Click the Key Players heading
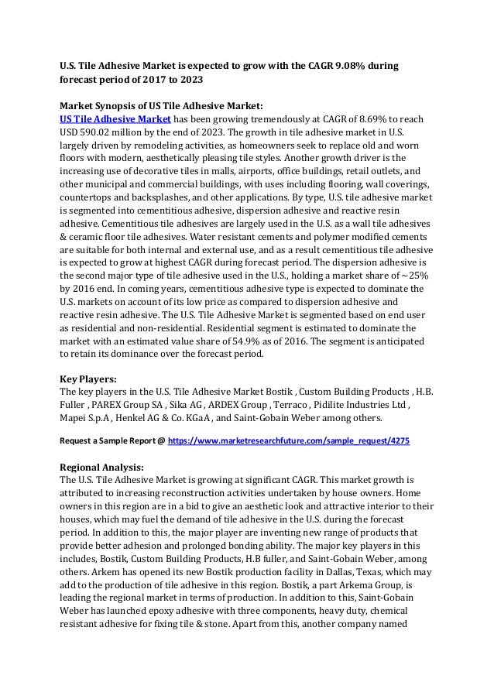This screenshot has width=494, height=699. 88,380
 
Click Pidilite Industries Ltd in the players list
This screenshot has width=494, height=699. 368,405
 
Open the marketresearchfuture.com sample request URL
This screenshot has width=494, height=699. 289,440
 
